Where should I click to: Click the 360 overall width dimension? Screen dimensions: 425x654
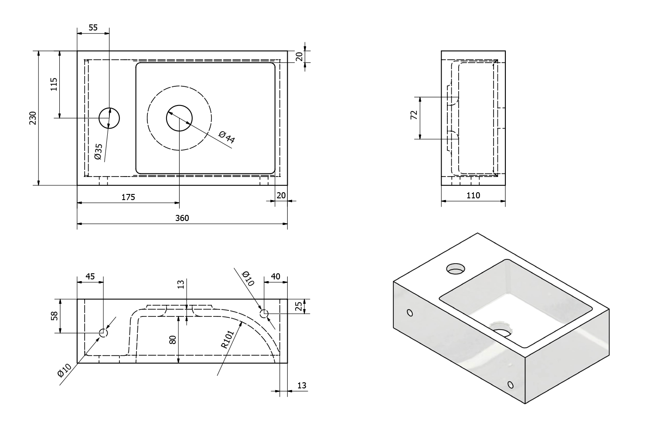click(x=182, y=218)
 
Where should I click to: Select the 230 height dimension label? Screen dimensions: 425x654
click(x=33, y=118)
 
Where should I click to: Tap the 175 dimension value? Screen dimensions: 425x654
click(x=128, y=197)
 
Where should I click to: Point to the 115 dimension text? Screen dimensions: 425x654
click(x=54, y=84)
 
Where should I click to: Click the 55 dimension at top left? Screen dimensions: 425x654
click(x=93, y=27)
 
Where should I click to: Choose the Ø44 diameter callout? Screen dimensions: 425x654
click(x=227, y=137)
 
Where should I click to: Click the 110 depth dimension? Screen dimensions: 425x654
click(x=473, y=196)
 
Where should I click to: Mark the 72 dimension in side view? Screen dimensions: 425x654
click(x=414, y=115)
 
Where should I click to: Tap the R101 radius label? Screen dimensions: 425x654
click(x=228, y=339)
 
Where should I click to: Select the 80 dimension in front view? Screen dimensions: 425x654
click(x=173, y=340)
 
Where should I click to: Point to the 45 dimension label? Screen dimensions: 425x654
click(x=90, y=276)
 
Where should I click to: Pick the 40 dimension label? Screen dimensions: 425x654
click(x=276, y=276)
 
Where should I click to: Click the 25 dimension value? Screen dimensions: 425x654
click(x=298, y=306)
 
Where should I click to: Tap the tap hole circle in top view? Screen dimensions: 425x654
click(x=109, y=118)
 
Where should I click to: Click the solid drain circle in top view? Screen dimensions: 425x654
click(x=179, y=118)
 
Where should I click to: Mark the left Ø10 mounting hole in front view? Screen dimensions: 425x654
click(x=103, y=333)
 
